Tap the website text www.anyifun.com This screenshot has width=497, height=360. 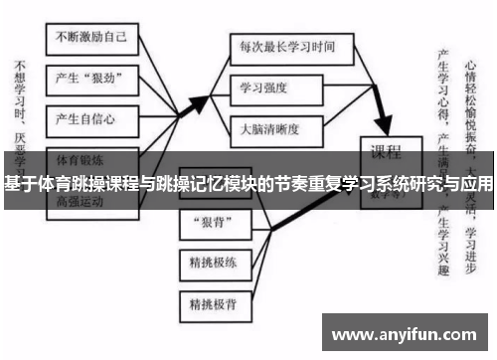pos(406,334)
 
